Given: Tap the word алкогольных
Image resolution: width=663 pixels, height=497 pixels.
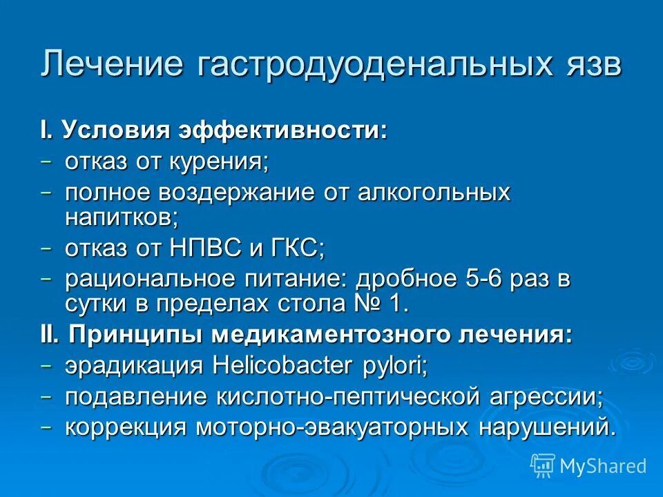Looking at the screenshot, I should (434, 193).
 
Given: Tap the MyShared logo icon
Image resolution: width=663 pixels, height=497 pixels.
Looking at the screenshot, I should (542, 465).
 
